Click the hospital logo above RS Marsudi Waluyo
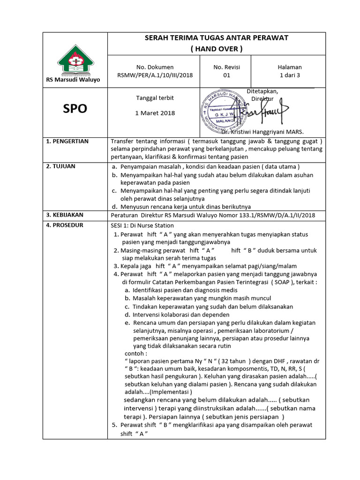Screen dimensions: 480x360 (75, 60)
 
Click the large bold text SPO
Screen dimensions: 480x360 (75, 109)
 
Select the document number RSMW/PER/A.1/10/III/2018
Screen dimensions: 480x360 (155, 75)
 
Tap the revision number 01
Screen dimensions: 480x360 (226, 75)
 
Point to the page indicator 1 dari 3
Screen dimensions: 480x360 (290, 75)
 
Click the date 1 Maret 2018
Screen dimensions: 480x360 (155, 113)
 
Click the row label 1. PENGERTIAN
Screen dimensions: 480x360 (68, 141)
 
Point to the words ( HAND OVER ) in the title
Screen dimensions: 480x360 (216, 48)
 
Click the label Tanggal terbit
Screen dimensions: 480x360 (155, 98)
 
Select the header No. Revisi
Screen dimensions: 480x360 (226, 67)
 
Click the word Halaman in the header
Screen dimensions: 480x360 (290, 67)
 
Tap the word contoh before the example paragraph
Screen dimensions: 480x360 (135, 353)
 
